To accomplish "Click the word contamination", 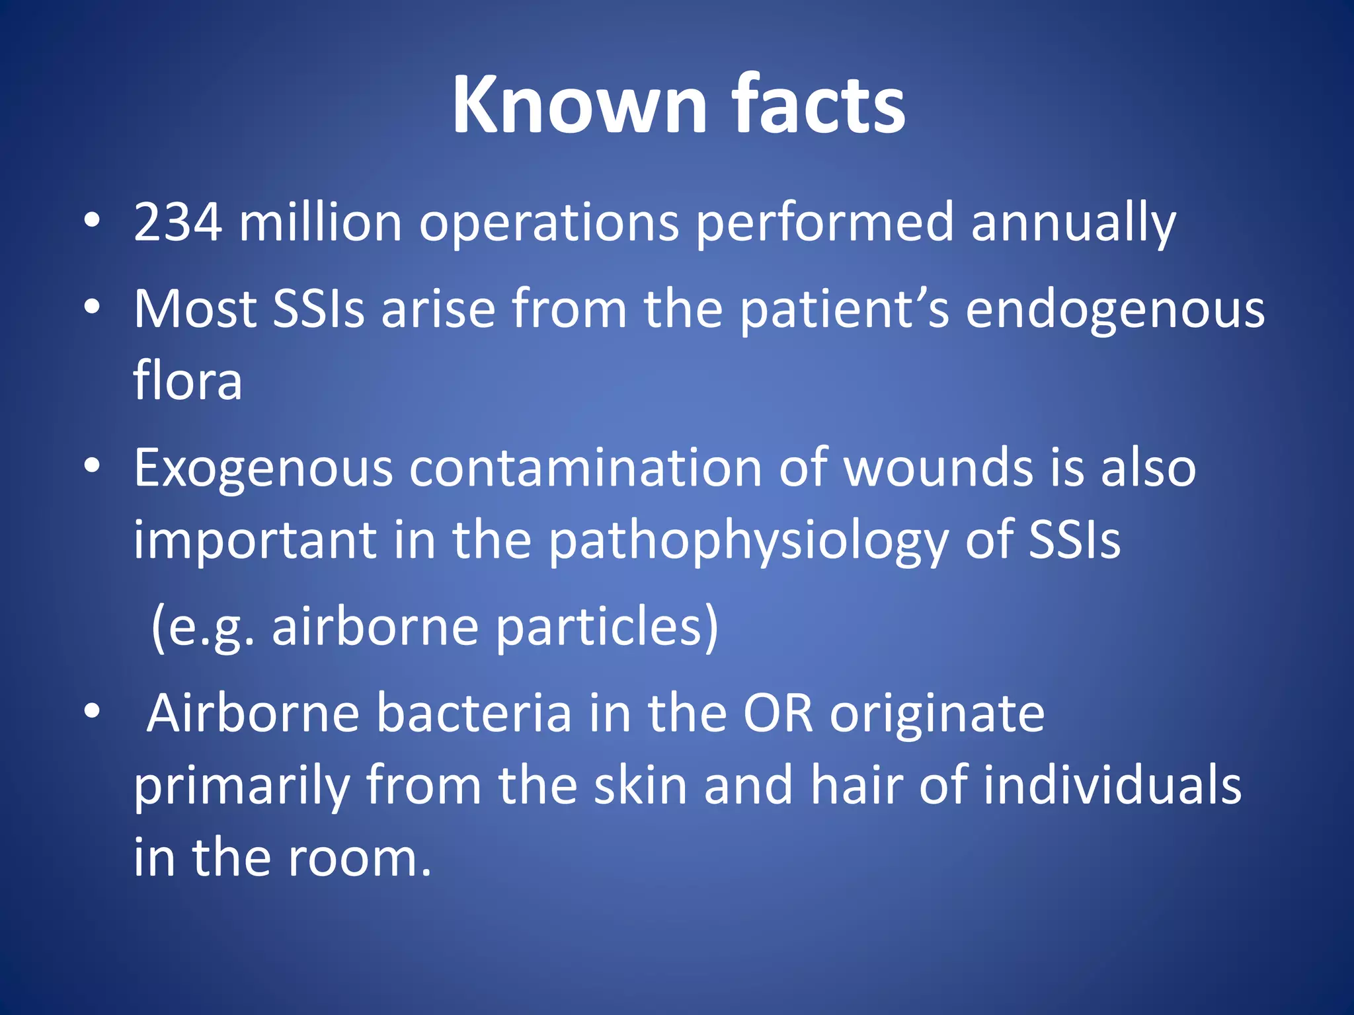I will pos(586,468).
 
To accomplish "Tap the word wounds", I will pos(938,468).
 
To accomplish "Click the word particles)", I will pos(606,628).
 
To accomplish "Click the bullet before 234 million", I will pos(92,222).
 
